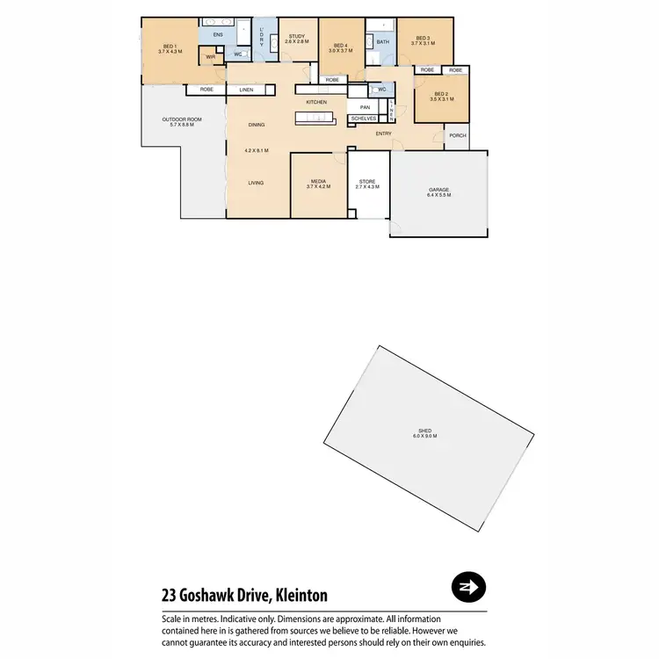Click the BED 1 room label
point(170,46)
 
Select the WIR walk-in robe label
point(210,57)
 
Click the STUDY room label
point(296,36)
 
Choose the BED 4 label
point(341,46)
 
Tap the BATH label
point(382,41)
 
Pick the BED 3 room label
point(423,38)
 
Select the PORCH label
point(457,135)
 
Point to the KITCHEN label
point(316,102)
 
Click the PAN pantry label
point(365,107)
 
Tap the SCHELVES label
point(363,118)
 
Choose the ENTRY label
point(384,134)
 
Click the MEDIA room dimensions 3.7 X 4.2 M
point(317,186)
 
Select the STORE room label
point(366,181)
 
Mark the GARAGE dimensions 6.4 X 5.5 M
point(439,194)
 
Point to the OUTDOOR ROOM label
point(182,119)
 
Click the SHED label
point(425,431)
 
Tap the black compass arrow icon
point(468,587)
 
